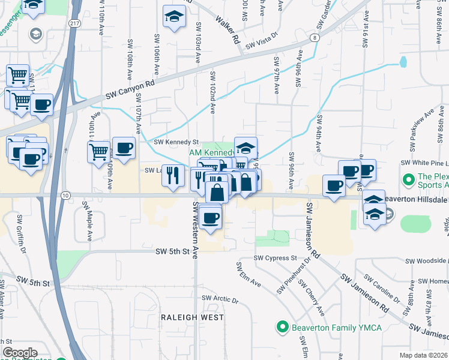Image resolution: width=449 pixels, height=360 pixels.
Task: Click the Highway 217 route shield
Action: tap(73, 23)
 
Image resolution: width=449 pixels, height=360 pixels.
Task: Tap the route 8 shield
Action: tap(315, 38)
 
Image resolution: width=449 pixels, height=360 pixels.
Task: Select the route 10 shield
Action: tap(65, 196)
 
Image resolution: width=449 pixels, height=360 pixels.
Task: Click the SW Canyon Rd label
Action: tap(130, 91)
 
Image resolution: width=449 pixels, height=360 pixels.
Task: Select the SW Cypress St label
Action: tap(276, 258)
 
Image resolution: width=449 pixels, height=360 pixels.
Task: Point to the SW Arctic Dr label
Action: tap(220, 298)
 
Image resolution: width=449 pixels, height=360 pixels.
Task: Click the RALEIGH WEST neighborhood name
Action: tap(192, 317)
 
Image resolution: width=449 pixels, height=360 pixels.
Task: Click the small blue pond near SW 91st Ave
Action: tap(403, 61)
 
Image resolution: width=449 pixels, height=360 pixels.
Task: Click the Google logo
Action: tap(20, 353)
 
